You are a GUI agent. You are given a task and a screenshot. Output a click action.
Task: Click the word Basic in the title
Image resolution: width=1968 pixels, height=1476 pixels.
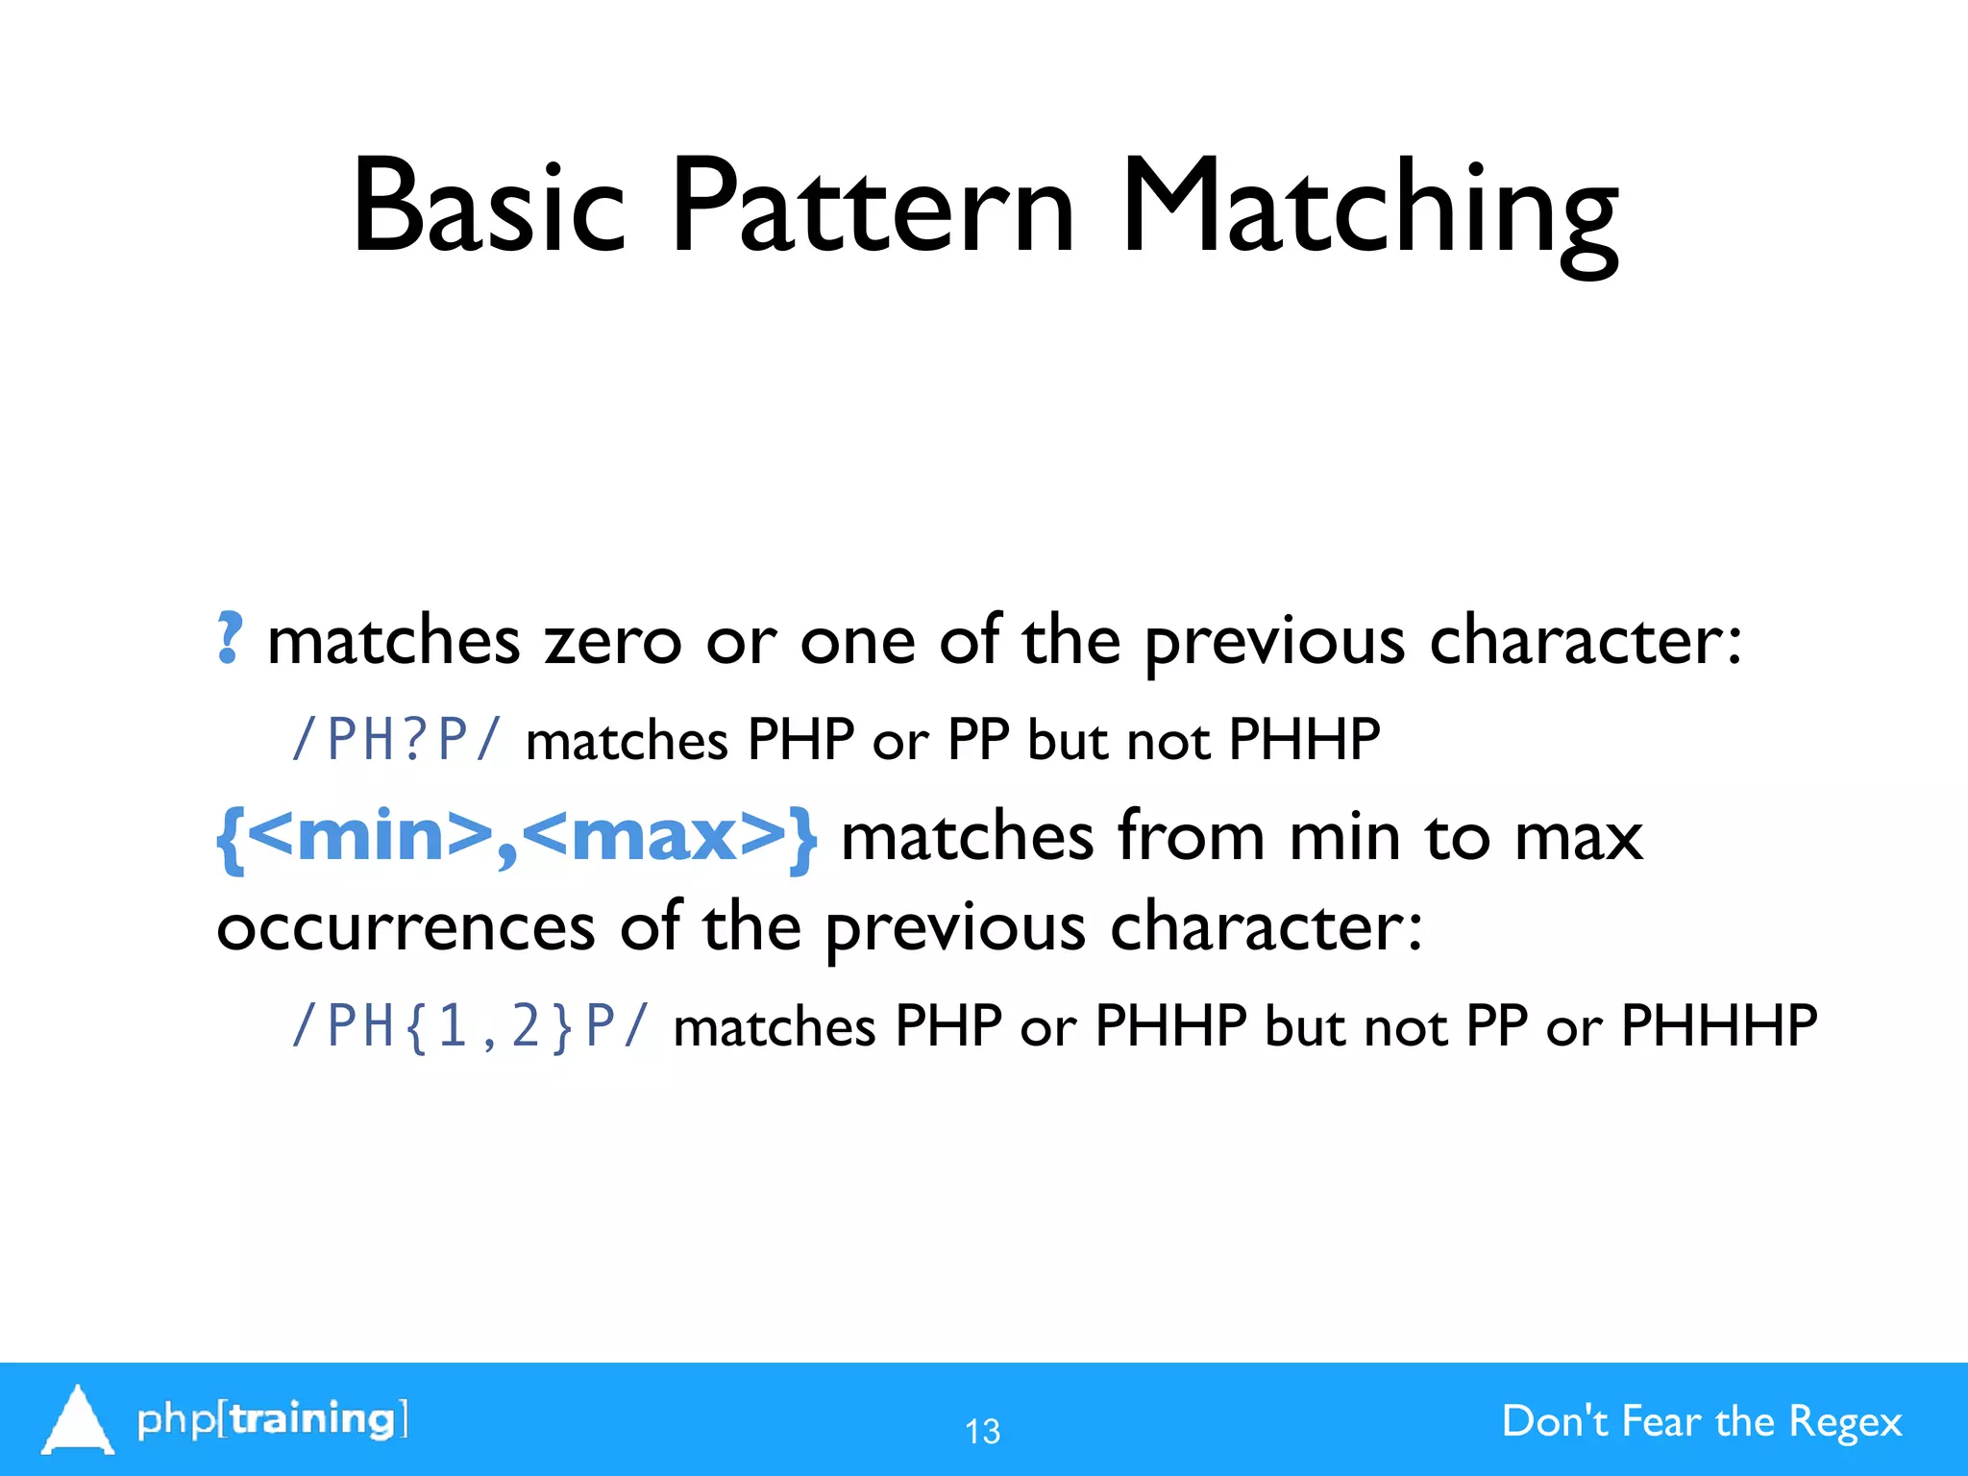tap(488, 207)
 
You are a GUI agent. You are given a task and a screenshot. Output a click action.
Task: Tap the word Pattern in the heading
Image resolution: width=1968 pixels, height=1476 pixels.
tap(871, 207)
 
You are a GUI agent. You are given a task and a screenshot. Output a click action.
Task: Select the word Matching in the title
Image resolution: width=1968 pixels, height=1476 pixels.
tap(1369, 211)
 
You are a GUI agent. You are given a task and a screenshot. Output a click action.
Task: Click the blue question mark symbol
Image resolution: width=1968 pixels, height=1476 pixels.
tap(229, 639)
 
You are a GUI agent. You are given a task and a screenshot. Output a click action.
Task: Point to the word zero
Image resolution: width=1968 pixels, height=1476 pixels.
tap(612, 642)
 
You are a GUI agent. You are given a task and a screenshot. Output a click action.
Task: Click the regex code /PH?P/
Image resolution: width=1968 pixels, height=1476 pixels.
tap(397, 741)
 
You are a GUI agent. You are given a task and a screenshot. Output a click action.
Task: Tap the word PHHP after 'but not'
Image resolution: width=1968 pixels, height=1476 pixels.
tap(1304, 741)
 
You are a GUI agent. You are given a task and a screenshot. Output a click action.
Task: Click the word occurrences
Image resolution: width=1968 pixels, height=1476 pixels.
tap(406, 928)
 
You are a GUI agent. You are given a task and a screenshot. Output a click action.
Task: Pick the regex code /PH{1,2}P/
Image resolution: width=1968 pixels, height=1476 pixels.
tap(471, 1026)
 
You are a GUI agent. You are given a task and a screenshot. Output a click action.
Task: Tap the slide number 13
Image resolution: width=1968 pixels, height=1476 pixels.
tap(982, 1432)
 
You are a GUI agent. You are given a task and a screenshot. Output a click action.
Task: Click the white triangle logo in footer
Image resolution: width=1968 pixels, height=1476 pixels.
tap(77, 1419)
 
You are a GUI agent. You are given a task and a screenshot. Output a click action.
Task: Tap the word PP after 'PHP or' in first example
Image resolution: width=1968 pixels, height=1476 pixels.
tap(977, 741)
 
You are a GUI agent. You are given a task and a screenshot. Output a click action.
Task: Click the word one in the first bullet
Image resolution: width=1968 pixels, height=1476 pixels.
tap(857, 642)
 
